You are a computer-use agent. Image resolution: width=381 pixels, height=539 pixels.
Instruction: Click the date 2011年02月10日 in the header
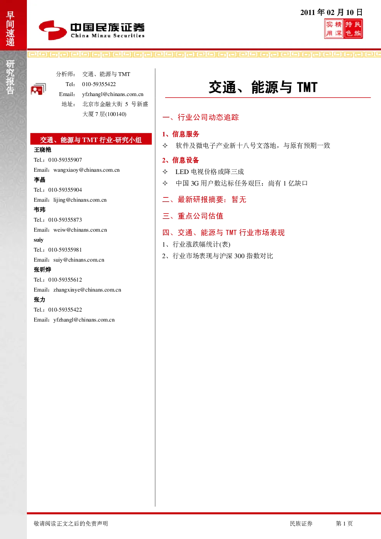[331, 12]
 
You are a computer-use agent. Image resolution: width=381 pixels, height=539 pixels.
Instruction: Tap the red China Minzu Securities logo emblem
[53, 30]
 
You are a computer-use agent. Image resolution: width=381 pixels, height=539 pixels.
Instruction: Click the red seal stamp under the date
[343, 29]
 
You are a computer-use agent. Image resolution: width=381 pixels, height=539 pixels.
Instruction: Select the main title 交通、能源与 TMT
[263, 87]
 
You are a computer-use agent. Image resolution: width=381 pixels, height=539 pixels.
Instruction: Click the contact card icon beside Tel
[38, 89]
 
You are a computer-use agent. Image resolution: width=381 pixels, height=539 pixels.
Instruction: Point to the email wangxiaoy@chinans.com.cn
[86, 170]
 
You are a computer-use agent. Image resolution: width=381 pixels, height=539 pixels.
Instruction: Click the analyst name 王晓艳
[43, 150]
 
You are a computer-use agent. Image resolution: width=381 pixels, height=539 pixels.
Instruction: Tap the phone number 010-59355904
[65, 190]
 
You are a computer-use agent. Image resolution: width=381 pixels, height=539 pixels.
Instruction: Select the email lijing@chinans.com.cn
[80, 200]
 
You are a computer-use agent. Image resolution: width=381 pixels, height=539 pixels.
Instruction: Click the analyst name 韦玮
[40, 210]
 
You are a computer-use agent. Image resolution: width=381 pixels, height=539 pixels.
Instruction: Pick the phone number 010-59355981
[65, 250]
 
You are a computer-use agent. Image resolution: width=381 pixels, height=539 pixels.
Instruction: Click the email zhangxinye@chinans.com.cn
[87, 290]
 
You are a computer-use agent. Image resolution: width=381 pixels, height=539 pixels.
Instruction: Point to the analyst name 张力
[40, 300]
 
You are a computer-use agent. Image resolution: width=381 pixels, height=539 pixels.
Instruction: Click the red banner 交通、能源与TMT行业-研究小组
[91, 139]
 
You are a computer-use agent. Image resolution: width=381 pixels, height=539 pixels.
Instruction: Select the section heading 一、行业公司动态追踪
[200, 118]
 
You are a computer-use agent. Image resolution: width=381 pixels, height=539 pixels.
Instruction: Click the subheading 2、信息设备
[181, 160]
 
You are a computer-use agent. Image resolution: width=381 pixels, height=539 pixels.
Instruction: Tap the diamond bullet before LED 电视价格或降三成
[165, 172]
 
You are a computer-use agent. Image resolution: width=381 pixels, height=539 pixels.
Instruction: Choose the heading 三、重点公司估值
[193, 216]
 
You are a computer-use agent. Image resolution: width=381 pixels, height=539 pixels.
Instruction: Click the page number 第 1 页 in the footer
[344, 524]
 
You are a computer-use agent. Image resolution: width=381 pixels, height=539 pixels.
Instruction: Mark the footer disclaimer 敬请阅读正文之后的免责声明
[71, 524]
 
